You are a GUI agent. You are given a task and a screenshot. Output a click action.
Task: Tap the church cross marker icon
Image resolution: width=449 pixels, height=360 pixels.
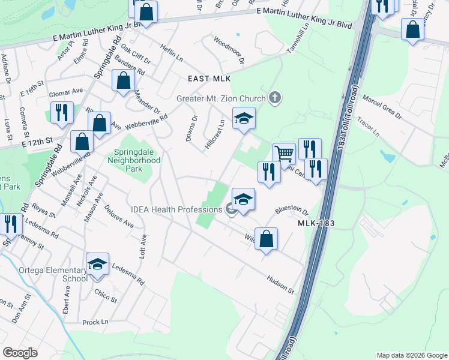pos(275,97)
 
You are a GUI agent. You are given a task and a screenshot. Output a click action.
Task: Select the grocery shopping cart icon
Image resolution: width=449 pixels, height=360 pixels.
pos(284,153)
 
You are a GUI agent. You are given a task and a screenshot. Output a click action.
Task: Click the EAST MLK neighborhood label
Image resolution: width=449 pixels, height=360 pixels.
pos(209,79)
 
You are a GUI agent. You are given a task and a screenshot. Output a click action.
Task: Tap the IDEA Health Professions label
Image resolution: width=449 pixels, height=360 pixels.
pos(178,209)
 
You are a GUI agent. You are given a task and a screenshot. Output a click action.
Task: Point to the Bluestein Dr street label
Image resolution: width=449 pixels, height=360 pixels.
pos(292,212)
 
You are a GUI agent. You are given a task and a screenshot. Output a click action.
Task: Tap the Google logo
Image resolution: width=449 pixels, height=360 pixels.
pos(20,352)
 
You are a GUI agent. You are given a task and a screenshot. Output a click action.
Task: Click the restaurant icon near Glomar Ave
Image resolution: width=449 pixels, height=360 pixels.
pos(62,112)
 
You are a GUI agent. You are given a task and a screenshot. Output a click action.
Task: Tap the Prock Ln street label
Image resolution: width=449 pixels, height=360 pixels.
pos(95,322)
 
